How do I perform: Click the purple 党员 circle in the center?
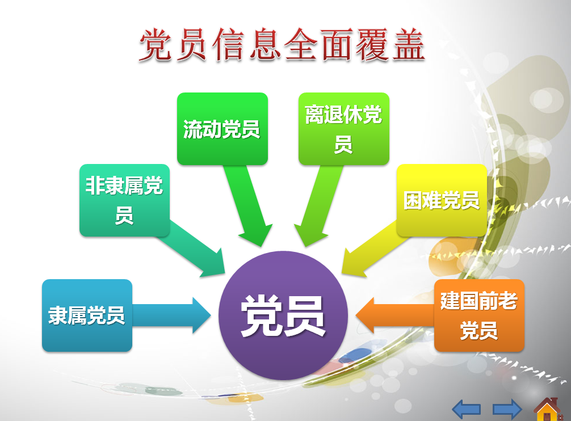(x=283, y=315)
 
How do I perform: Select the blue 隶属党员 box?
(x=87, y=315)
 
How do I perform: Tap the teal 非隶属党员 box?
(x=124, y=200)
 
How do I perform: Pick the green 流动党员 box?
(x=222, y=129)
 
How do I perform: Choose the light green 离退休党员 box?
(x=344, y=129)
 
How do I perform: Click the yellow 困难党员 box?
(x=442, y=200)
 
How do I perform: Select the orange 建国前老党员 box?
(x=479, y=315)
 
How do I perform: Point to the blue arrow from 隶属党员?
(x=171, y=315)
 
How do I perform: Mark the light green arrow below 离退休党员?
(x=317, y=205)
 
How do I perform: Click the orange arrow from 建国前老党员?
(x=395, y=315)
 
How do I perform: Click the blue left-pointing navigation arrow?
(x=467, y=409)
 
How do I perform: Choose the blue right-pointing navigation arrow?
(x=507, y=409)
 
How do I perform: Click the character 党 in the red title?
(x=156, y=45)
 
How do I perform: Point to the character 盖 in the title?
(x=409, y=45)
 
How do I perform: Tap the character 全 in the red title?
(x=300, y=45)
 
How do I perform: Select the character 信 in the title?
(x=228, y=45)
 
